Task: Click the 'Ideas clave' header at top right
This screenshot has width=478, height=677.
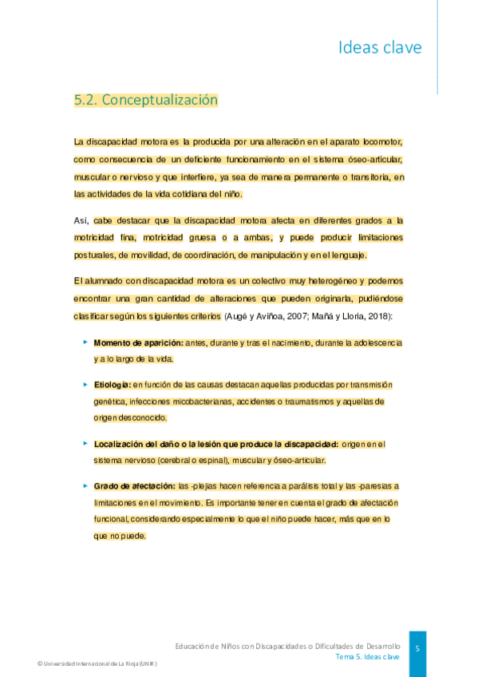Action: click(379, 48)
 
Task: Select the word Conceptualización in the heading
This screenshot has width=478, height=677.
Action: click(160, 101)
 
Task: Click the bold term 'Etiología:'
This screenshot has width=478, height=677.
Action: click(112, 385)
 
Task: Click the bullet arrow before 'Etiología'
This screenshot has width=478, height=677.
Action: click(85, 385)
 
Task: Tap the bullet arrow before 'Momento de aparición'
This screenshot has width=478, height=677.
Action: click(85, 342)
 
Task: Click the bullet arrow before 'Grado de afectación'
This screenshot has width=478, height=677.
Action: click(85, 485)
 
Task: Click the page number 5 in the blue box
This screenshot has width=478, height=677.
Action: click(417, 648)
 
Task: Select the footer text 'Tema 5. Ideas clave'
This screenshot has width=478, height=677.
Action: click(367, 656)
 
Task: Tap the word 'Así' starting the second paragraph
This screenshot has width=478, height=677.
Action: click(81, 220)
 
